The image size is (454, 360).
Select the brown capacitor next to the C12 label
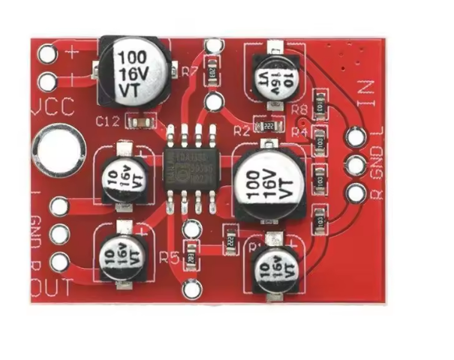141,120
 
